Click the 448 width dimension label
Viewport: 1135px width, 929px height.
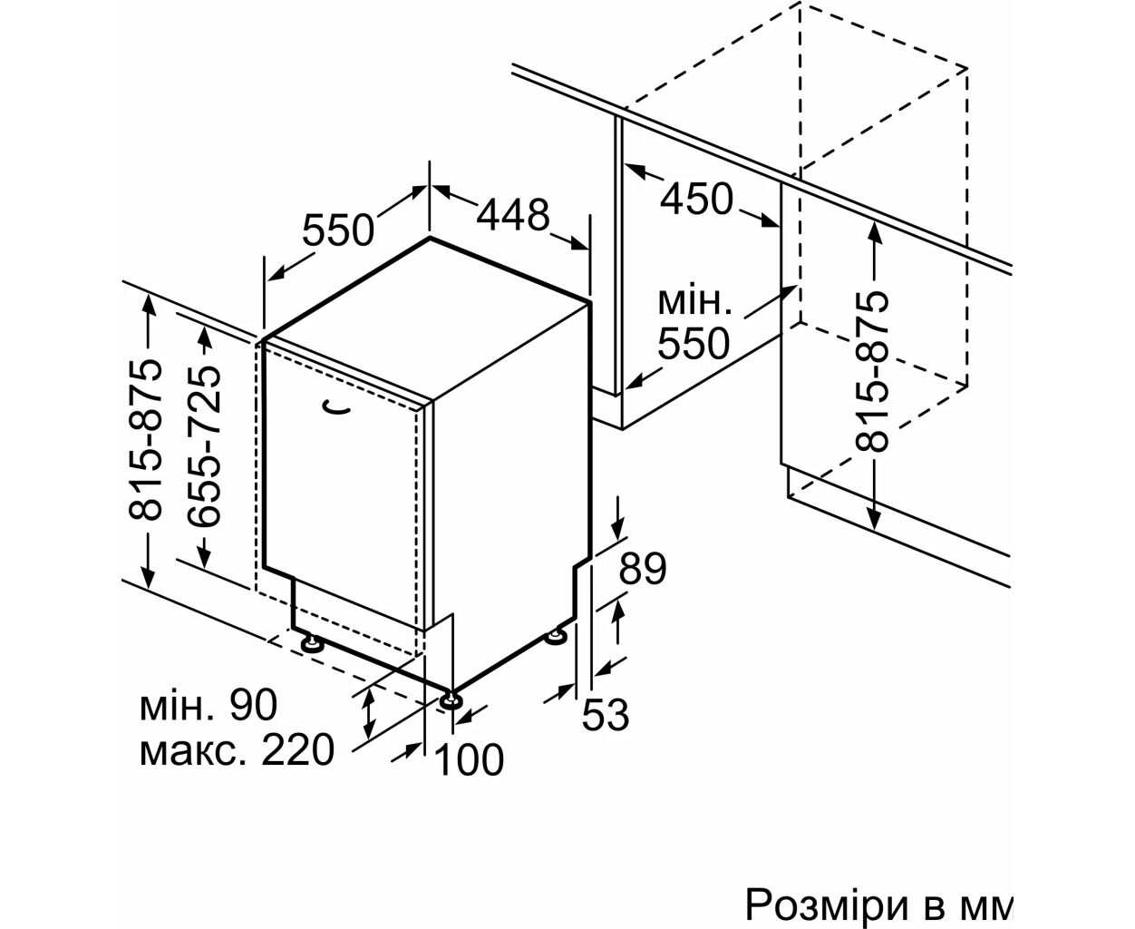(x=513, y=214)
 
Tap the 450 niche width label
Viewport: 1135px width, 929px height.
(x=696, y=198)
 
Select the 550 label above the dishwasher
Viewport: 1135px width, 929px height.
(x=338, y=230)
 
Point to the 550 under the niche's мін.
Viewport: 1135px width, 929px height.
(x=694, y=344)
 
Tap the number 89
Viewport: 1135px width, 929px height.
(x=643, y=569)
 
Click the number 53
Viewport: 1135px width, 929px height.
(x=606, y=715)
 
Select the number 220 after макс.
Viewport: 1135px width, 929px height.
(x=297, y=749)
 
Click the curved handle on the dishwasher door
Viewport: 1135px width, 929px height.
(x=336, y=408)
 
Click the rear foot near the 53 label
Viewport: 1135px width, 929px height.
(x=556, y=637)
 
